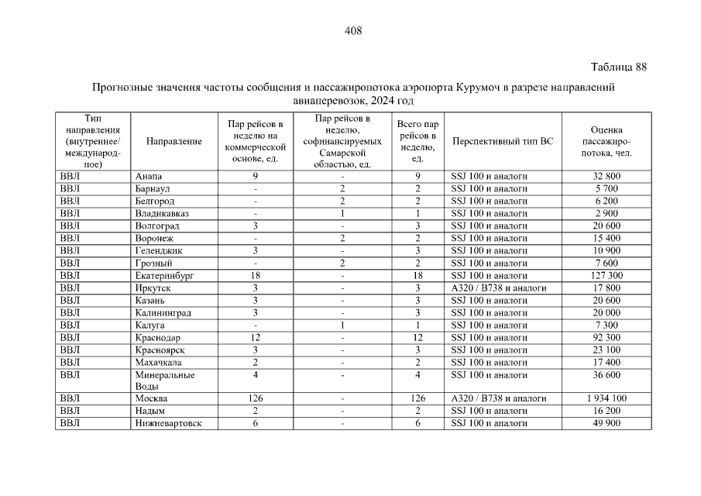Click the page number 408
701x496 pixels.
[352, 31]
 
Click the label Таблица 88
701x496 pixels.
[618, 67]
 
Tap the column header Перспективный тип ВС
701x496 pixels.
[503, 141]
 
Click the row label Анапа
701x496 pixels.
[149, 177]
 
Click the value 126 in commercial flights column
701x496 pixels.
[255, 398]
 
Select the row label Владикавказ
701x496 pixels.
[162, 214]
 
